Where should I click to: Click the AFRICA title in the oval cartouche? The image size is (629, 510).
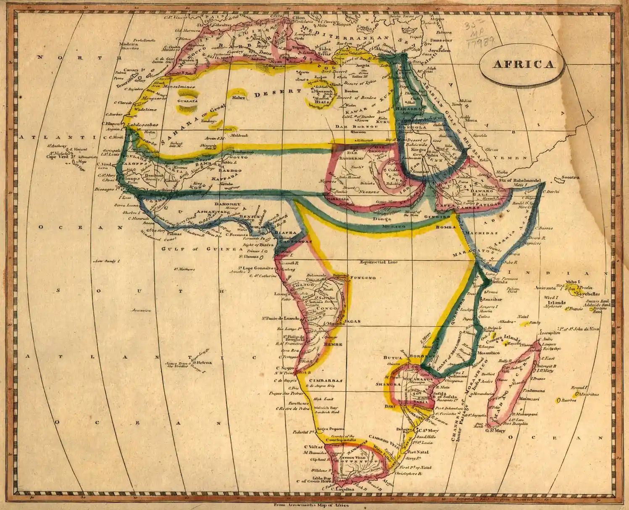523,64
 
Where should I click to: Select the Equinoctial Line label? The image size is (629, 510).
378,262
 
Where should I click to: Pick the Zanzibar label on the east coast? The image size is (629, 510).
493,299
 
